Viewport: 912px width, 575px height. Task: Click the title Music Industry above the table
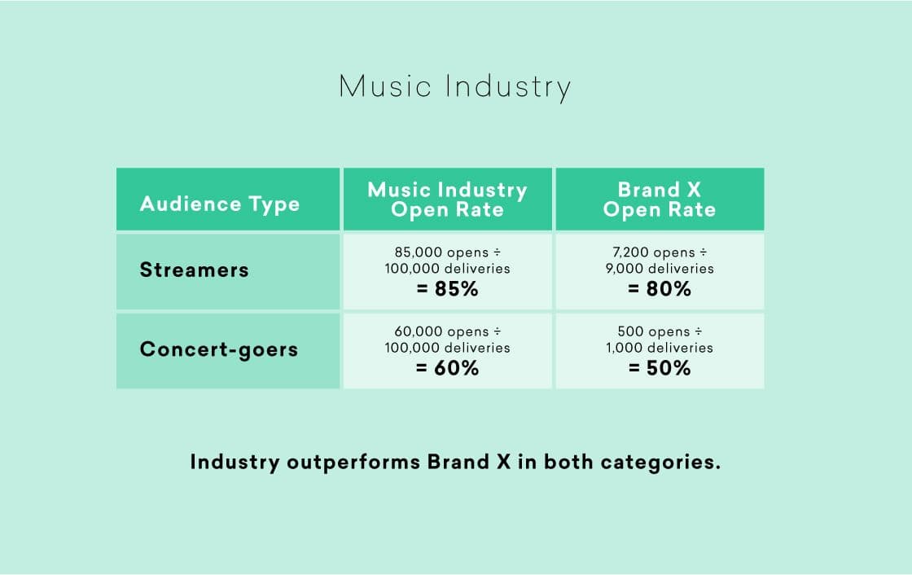tap(454, 86)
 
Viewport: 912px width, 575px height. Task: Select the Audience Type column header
tap(219, 204)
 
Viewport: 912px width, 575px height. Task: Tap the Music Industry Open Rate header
tap(447, 200)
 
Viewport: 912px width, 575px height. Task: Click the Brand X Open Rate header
tap(659, 200)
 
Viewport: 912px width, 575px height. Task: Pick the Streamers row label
tap(194, 270)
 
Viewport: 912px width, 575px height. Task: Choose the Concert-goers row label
tap(218, 349)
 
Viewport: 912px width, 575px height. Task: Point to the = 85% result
tap(447, 289)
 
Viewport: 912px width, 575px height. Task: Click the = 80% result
tap(659, 289)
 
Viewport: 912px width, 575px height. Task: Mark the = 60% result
tap(447, 368)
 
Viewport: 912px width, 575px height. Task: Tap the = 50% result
tap(659, 368)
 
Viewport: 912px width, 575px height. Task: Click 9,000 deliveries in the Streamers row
tap(659, 269)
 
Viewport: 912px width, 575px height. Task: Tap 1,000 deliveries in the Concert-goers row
tap(659, 348)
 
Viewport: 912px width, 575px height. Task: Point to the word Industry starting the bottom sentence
tap(235, 463)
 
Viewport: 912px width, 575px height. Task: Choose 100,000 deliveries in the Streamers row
tap(447, 269)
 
